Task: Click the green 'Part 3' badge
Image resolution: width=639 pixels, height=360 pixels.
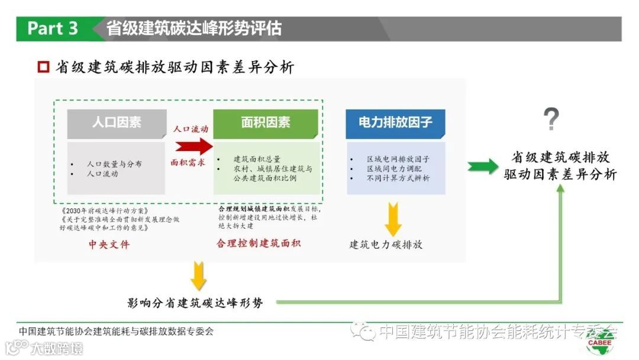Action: pos(53,28)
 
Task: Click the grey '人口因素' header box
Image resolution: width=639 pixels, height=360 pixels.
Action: pos(117,123)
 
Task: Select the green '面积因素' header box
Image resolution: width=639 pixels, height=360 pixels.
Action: pos(266,123)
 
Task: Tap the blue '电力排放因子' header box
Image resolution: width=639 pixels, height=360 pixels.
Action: pos(395,123)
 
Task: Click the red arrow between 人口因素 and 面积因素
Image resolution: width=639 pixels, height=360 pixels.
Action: pos(193,146)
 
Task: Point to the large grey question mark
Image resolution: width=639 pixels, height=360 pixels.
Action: pos(551,120)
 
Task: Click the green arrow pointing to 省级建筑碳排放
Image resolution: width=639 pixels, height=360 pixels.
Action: pos(483,167)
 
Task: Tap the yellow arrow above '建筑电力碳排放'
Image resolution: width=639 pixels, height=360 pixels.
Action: pos(393,218)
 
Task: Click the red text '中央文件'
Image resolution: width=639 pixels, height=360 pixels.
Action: pos(109,244)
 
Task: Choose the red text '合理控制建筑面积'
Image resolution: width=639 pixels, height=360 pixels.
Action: pos(259,243)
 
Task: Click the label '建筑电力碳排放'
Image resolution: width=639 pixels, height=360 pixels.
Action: pos(386,245)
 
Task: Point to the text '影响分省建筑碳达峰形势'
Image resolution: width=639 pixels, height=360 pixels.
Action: pos(195,303)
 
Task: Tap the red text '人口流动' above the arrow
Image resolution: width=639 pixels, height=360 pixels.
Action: pos(190,128)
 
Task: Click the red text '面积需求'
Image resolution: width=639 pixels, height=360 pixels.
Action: pos(188,162)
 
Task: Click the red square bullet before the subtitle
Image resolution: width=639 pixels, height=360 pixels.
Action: pos(43,67)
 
